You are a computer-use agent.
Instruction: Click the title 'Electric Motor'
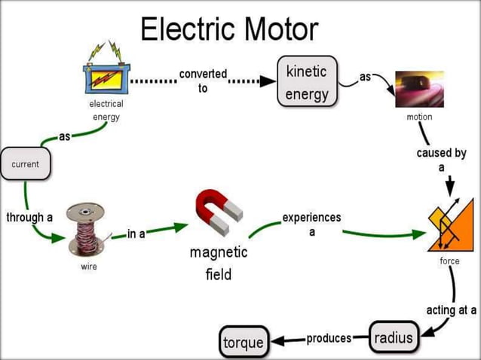coord(229,29)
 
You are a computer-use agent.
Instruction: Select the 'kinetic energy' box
coord(307,82)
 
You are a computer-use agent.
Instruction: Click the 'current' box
coord(26,163)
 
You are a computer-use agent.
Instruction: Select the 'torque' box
coord(244,343)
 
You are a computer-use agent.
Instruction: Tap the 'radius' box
coord(394,337)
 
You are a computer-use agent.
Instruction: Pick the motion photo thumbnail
coord(419,89)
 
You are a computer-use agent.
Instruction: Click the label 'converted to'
coord(203,81)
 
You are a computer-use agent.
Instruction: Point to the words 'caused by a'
coord(441,160)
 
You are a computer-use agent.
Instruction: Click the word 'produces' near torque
coord(329,338)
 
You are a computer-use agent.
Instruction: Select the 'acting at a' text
coord(451,310)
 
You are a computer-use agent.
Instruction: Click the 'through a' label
coord(29,218)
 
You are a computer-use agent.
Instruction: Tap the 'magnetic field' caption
coord(219,263)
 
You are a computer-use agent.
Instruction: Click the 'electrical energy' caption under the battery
coord(106,110)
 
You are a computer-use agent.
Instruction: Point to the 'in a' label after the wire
coord(136,234)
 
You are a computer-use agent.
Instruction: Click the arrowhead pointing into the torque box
coord(275,340)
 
